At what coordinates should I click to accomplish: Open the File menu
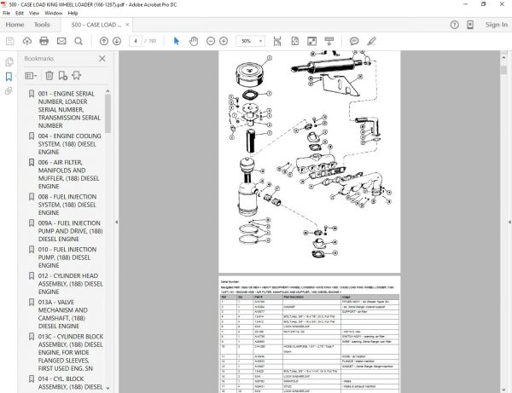point(7,14)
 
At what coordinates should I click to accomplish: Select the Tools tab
point(42,25)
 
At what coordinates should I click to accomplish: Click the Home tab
point(15,25)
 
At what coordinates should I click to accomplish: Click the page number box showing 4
point(137,40)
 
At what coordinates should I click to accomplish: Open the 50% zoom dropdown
point(250,40)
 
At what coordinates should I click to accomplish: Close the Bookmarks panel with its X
point(102,58)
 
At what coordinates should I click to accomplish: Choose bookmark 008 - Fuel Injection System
point(69,205)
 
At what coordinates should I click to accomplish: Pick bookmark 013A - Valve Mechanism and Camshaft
point(69,314)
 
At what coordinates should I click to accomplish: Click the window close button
point(500,4)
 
